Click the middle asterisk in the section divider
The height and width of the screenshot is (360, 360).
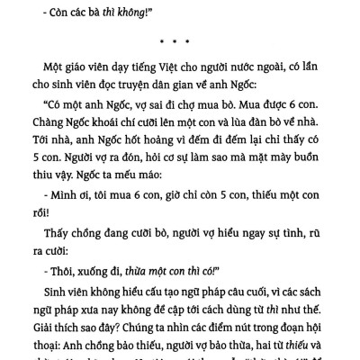[178, 41]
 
